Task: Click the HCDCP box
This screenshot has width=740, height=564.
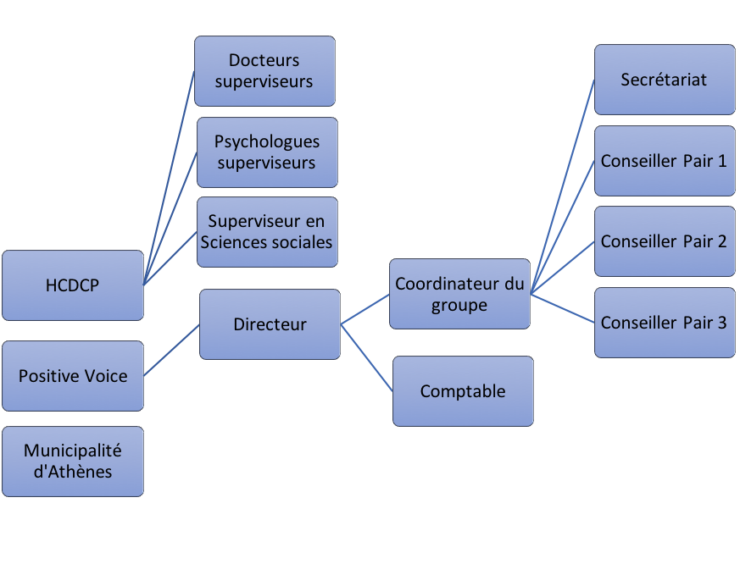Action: click(x=73, y=285)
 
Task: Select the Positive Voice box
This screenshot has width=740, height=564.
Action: click(x=73, y=376)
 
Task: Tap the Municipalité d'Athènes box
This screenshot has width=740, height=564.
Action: click(x=73, y=462)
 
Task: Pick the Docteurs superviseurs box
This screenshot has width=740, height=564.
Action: click(x=264, y=71)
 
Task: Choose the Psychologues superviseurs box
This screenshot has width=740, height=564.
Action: click(x=267, y=152)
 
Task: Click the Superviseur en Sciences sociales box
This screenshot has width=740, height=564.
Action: click(x=267, y=232)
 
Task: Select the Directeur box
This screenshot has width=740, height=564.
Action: click(x=270, y=324)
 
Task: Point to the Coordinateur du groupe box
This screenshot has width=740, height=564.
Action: click(x=459, y=294)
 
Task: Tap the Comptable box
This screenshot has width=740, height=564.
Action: click(x=463, y=391)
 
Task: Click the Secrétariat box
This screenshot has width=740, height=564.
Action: click(x=665, y=80)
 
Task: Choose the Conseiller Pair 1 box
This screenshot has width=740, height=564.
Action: click(x=665, y=161)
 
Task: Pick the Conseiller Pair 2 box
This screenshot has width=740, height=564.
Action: click(x=665, y=241)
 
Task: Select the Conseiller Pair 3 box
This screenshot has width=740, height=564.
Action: click(x=665, y=323)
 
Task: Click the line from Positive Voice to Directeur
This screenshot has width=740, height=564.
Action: click(x=171, y=351)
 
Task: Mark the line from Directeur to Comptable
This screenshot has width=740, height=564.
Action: click(x=367, y=358)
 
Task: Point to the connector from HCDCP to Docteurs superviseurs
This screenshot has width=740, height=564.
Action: click(x=169, y=178)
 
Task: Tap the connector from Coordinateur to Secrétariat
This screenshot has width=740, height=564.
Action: click(x=563, y=187)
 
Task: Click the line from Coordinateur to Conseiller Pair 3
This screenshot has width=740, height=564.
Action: click(x=563, y=308)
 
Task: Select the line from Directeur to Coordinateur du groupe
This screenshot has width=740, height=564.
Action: click(x=364, y=309)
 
